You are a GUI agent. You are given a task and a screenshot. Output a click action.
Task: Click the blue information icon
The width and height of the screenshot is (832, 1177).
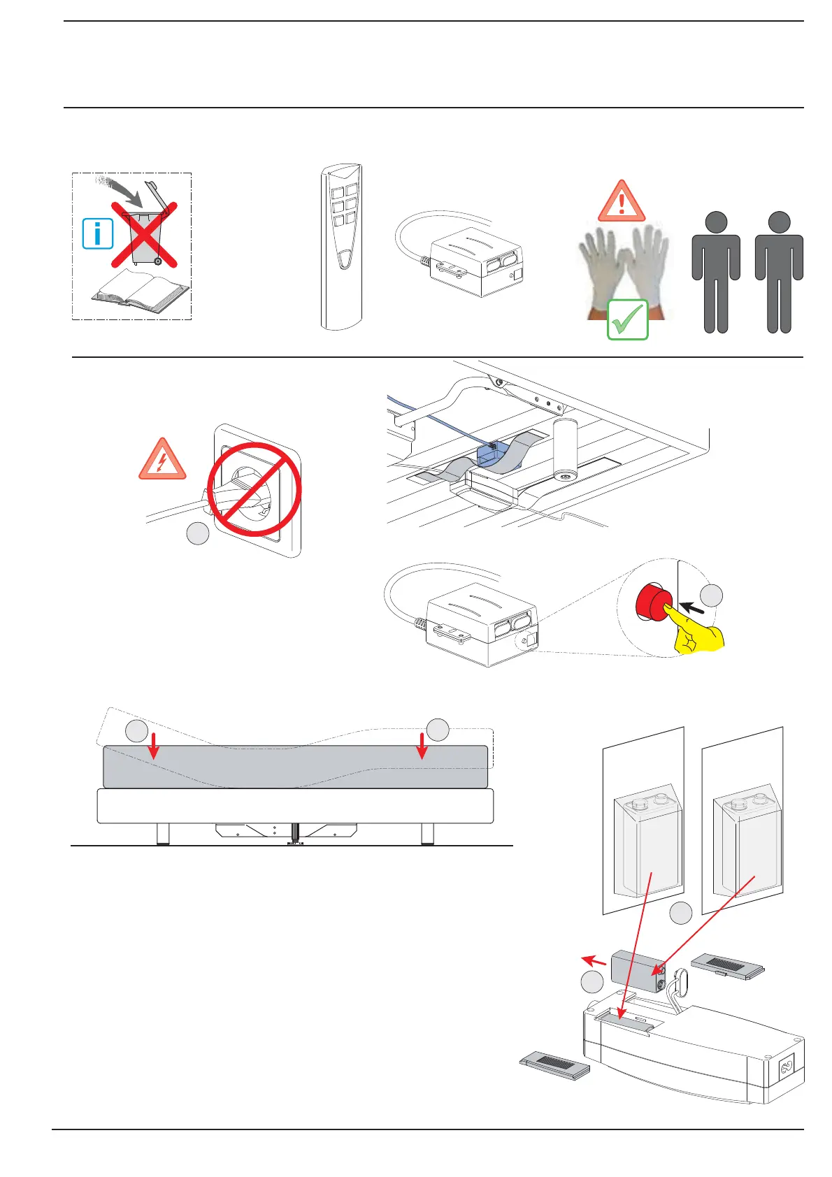click(98, 233)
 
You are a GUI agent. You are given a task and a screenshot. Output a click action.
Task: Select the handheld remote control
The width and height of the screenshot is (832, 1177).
click(341, 246)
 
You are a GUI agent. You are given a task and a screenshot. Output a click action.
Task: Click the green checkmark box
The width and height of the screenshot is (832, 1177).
click(627, 319)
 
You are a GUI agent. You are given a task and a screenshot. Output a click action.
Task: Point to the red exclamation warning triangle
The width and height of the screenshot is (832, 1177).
click(621, 202)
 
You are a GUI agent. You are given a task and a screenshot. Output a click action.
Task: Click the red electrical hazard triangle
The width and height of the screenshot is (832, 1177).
click(162, 461)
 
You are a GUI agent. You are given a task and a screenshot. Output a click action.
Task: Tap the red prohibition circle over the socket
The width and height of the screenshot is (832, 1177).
click(254, 489)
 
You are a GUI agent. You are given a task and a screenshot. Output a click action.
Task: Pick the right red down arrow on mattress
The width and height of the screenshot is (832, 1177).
click(422, 745)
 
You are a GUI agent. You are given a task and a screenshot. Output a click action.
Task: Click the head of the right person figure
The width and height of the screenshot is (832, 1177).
click(779, 222)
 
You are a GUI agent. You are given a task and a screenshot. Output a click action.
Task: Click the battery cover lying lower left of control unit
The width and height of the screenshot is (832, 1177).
click(555, 1069)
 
